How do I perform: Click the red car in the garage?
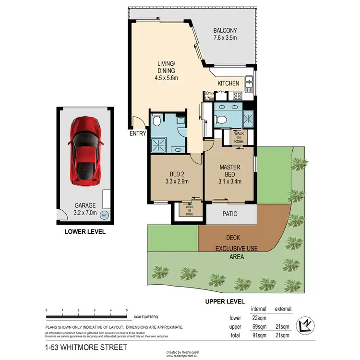coord(85,152)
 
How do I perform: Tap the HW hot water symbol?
coord(104,216)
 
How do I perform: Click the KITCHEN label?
coord(228,84)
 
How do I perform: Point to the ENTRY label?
coord(138,134)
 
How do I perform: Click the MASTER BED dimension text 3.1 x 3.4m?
coord(229,181)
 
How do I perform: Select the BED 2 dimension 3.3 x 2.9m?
coord(176,181)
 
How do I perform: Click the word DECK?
coord(233,238)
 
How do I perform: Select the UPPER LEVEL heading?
coord(225,301)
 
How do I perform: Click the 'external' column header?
coord(283,309)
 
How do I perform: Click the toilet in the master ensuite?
coord(221,120)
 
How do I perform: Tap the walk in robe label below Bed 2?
coord(186,209)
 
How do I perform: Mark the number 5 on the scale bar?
coord(126,311)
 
